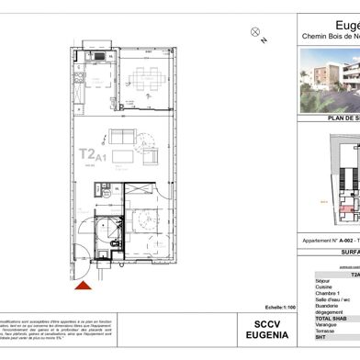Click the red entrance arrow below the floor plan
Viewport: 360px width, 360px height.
tap(84, 286)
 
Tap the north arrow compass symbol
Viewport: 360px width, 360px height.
tap(255, 33)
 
